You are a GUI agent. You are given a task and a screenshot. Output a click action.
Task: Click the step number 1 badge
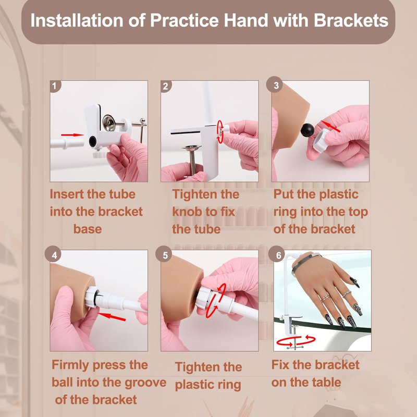[x=55, y=86]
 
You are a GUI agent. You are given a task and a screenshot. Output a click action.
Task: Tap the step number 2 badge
[x=166, y=86]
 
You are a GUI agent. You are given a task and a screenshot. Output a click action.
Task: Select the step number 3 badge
[x=276, y=85]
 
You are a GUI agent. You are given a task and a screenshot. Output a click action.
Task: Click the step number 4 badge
[x=54, y=255]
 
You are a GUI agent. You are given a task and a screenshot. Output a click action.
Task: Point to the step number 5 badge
[x=165, y=255]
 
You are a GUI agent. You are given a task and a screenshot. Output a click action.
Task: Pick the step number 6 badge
[x=278, y=255]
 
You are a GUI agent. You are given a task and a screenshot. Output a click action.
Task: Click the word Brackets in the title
[x=351, y=20]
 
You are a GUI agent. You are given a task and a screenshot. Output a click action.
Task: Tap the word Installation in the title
[x=77, y=20]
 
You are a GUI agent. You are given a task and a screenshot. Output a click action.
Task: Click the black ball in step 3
[x=308, y=130]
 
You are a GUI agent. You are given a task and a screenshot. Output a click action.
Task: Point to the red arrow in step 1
[x=72, y=135]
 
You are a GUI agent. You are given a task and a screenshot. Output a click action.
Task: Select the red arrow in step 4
[x=112, y=316]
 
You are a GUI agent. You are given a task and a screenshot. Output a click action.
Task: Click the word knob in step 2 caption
[x=187, y=212]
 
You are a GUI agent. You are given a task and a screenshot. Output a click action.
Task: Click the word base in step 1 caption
[x=88, y=229]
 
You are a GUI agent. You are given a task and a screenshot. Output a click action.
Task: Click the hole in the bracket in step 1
[x=93, y=141]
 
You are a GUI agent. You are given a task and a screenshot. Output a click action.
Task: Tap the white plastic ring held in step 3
[x=321, y=140]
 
